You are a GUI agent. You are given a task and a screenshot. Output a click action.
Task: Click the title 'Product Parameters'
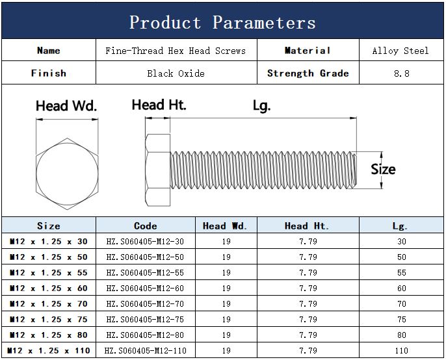pos(222,22)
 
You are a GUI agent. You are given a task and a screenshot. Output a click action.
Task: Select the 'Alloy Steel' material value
pos(400,51)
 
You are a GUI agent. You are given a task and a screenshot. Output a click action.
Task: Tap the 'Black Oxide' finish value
pos(176,73)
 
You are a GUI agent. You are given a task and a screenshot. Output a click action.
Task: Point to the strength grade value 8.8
pos(402,73)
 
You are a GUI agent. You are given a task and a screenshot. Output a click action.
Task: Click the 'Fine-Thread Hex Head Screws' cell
pos(176,51)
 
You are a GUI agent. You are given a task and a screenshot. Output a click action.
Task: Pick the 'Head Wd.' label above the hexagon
pos(66,106)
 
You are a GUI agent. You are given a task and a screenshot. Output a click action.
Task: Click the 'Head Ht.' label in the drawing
pos(159,105)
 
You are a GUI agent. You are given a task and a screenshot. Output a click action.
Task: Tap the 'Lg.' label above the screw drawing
pos(261,106)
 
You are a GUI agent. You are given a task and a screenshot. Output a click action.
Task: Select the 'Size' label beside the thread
pos(383,169)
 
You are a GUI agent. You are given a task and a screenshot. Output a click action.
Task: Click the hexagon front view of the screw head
pos(67,174)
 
